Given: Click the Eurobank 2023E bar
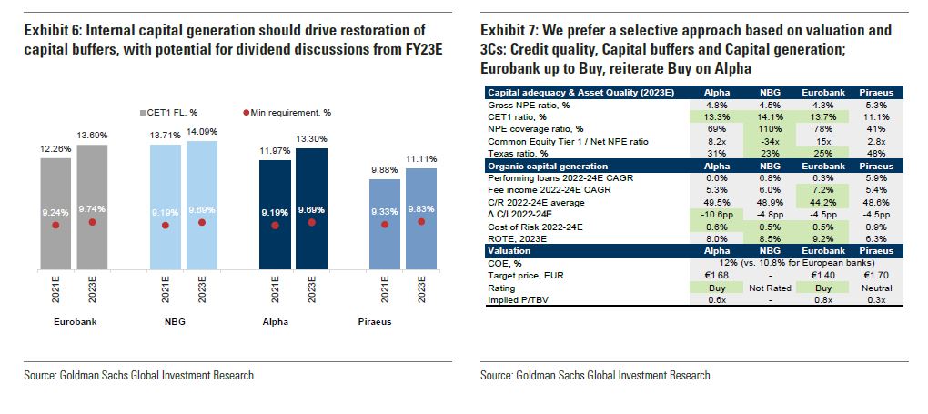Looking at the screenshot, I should coord(92,206).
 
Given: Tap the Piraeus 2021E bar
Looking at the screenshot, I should coord(383,224).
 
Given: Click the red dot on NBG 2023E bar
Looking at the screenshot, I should coord(201,222).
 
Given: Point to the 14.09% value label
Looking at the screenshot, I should coord(201,134).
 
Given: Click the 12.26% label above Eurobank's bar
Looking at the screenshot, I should coord(55,147).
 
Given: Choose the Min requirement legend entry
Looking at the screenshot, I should coord(273,112).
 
